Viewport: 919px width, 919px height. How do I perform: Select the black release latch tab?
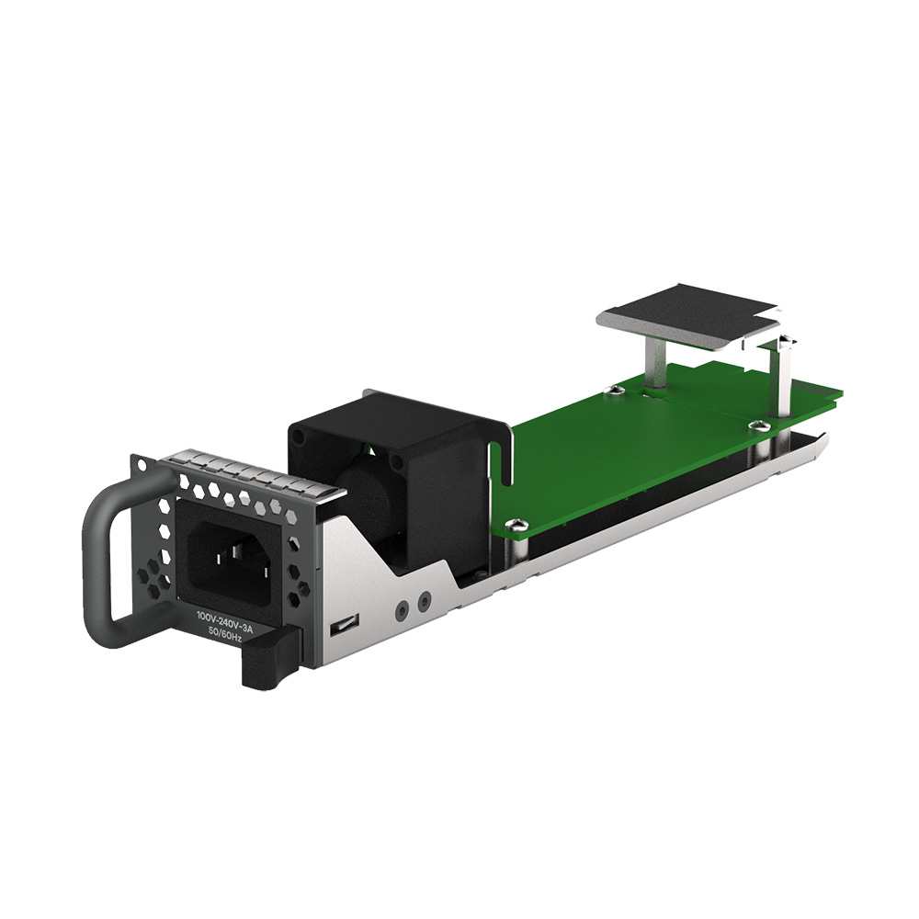[x=267, y=663]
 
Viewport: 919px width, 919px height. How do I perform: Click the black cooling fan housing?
[x=395, y=459]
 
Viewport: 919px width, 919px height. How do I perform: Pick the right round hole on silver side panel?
[x=423, y=602]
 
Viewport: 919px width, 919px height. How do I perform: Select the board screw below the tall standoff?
[x=758, y=425]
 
